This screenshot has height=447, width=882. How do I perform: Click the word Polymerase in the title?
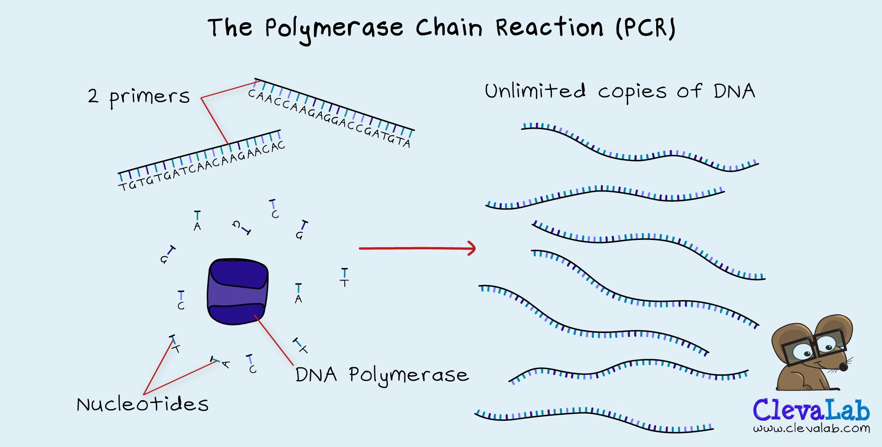(x=334, y=28)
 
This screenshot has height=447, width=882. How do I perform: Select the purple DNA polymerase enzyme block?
(x=238, y=291)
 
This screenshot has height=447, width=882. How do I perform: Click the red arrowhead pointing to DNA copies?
(x=471, y=248)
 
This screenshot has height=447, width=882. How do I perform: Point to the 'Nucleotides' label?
(x=143, y=404)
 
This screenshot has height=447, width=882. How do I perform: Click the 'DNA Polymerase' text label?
(x=382, y=375)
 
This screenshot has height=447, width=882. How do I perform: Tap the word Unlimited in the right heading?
(x=535, y=91)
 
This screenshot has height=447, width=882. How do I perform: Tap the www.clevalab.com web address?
(x=811, y=429)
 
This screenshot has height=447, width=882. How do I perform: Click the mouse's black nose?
(x=843, y=366)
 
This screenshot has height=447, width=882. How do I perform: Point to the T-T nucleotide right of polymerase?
(x=344, y=277)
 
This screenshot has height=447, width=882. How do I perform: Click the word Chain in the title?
(x=449, y=28)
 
